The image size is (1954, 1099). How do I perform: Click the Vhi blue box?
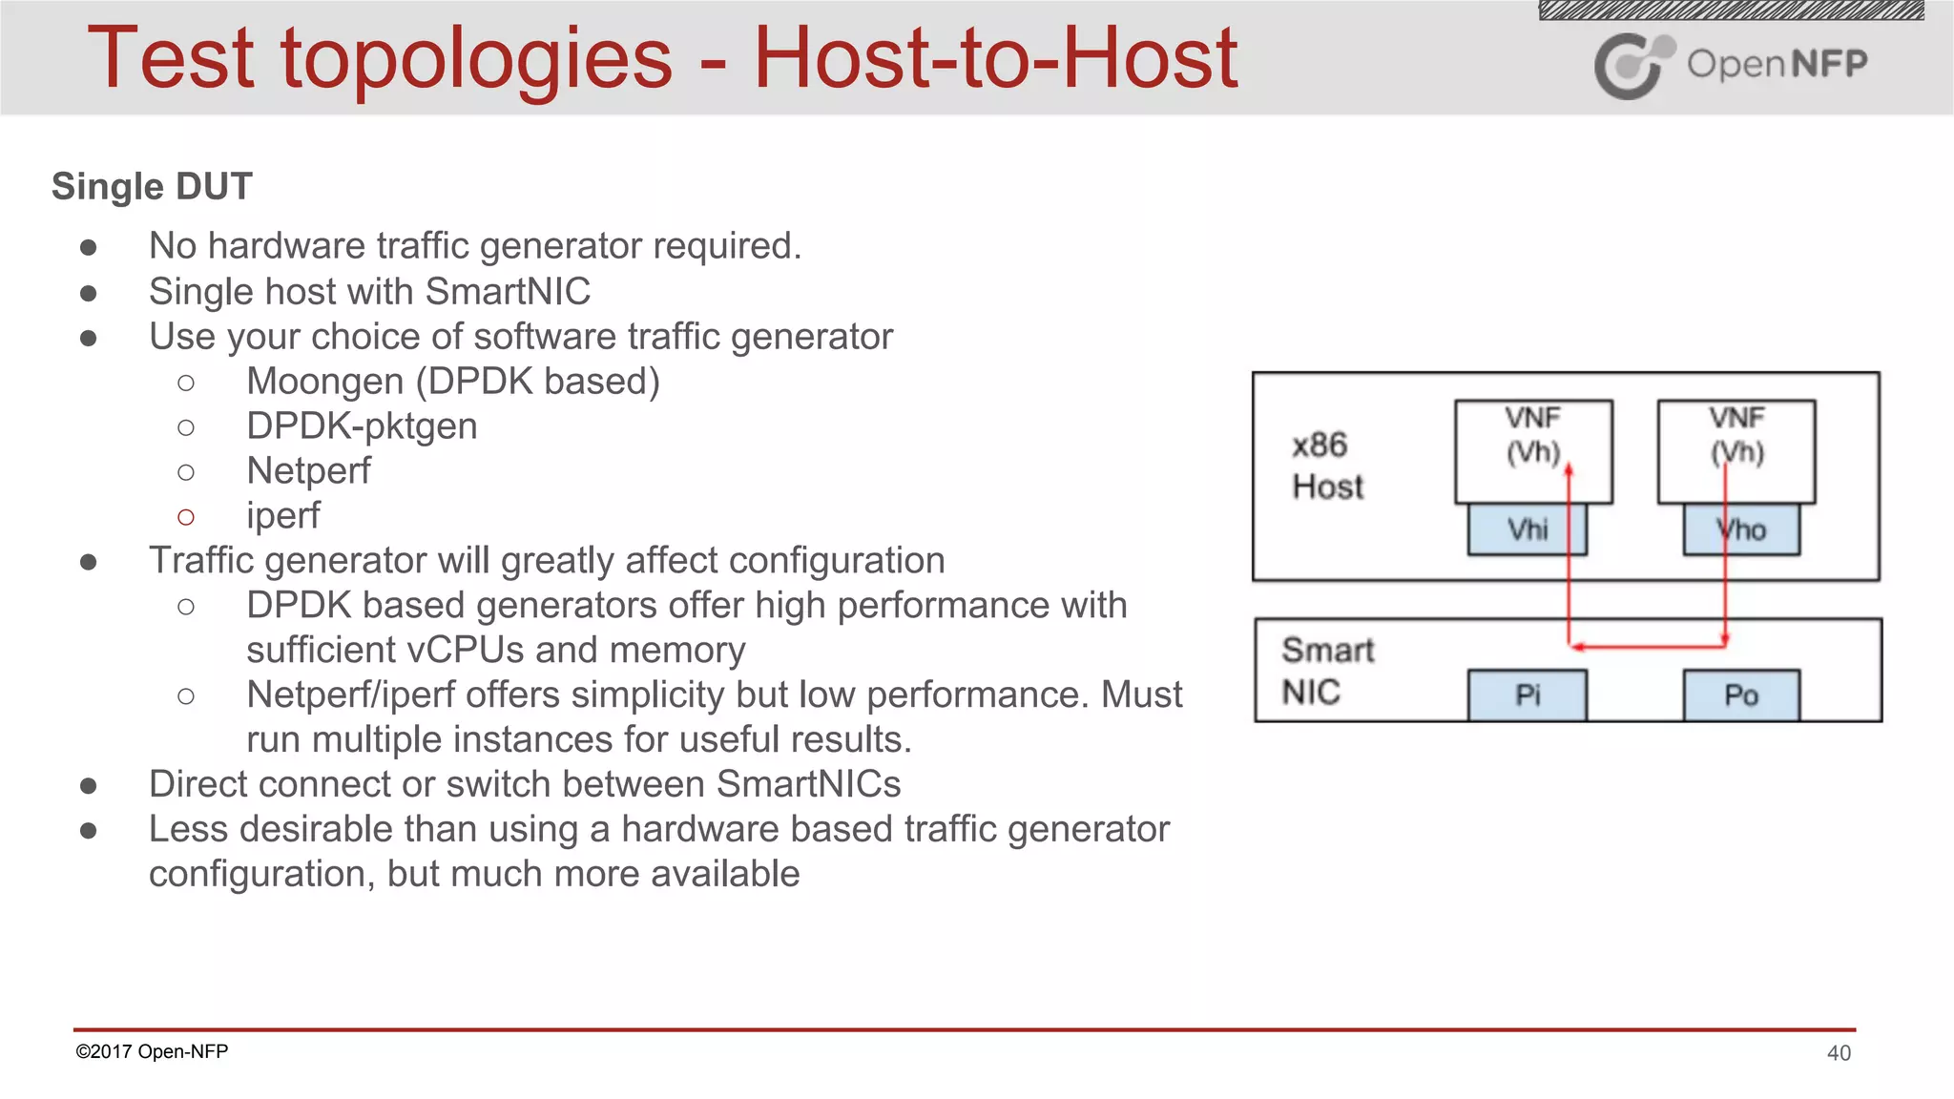coord(1527,529)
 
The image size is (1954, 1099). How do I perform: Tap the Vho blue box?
coord(1741,529)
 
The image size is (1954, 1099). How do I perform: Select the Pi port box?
coord(1527,695)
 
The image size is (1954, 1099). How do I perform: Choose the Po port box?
coord(1741,695)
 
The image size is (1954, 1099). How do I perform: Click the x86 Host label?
coord(1326,466)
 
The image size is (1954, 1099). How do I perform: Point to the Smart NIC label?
coord(1326,671)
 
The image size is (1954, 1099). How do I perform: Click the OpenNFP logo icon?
coord(1632,65)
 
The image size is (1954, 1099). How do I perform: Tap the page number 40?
coord(1839,1053)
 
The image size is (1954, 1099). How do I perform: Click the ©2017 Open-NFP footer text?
coord(152,1051)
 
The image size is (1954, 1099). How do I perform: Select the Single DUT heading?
coord(152,187)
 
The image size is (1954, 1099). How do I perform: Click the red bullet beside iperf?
coord(186,517)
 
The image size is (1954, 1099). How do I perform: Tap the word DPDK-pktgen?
coord(362,426)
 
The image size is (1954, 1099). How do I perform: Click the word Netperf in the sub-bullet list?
coord(308,471)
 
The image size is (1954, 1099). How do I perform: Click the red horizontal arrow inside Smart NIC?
coord(1647,647)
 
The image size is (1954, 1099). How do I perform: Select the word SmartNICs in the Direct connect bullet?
coord(808,784)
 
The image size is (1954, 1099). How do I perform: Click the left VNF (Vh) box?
coord(1533,450)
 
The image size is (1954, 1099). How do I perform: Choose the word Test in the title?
coord(170,59)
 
